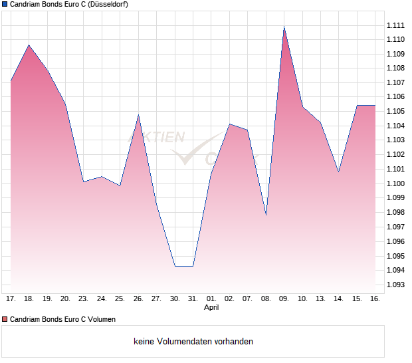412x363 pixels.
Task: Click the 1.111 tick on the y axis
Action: click(395, 25)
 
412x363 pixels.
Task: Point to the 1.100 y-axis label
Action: click(395, 183)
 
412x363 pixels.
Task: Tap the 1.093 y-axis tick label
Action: click(395, 285)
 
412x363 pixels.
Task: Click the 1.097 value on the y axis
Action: click(395, 227)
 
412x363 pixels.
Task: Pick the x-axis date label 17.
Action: click(11, 299)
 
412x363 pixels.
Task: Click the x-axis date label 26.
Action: click(138, 299)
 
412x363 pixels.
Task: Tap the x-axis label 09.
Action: click(284, 299)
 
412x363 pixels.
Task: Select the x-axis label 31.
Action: click(193, 299)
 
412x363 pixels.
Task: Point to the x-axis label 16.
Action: click(375, 299)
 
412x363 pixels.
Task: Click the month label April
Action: click(211, 308)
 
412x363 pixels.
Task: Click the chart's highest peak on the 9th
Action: click(284, 27)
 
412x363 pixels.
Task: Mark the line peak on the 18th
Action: click(29, 45)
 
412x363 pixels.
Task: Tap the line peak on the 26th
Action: click(138, 115)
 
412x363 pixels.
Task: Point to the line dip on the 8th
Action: click(266, 215)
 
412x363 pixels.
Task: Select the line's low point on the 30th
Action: click(175, 266)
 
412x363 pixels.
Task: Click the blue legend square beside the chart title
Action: click(4, 5)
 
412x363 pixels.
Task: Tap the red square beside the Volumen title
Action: click(4, 320)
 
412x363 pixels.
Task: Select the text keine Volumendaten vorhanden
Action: click(193, 342)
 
